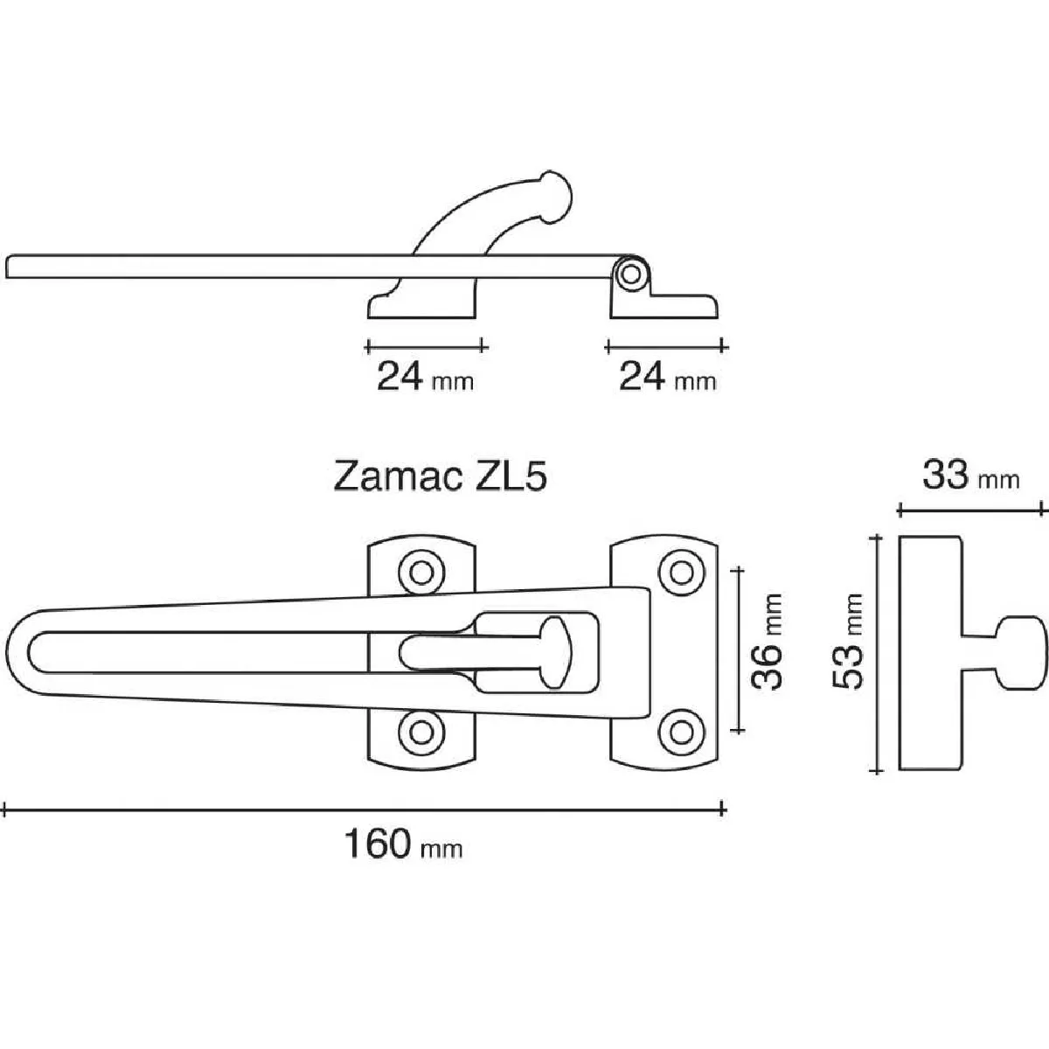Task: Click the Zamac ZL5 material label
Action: [440, 476]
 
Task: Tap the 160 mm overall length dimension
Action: [403, 844]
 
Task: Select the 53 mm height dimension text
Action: [848, 650]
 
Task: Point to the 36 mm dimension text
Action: [766, 650]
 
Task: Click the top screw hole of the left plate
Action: [421, 573]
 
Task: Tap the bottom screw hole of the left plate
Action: [421, 733]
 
